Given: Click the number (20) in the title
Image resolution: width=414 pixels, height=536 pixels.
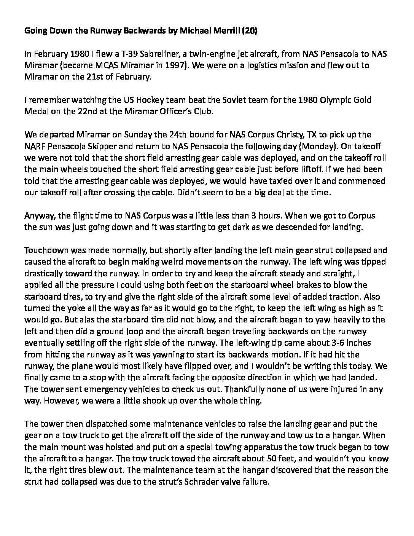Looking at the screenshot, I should [x=249, y=32].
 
